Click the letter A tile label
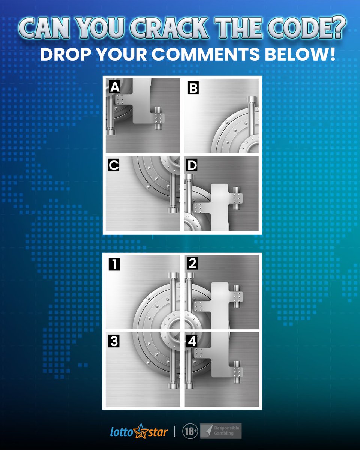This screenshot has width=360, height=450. [x=114, y=86]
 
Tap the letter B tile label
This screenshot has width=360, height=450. [x=193, y=88]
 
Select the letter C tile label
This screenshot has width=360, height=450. [x=114, y=165]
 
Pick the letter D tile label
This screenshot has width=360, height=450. [x=192, y=165]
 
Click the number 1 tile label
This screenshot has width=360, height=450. [x=114, y=264]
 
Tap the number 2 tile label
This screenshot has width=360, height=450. [x=192, y=263]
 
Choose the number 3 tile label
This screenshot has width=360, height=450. [x=114, y=341]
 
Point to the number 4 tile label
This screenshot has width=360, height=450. [x=192, y=341]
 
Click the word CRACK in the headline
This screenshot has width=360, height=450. [x=169, y=28]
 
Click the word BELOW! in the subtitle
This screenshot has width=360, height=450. [x=300, y=54]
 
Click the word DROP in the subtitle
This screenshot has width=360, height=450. [x=66, y=54]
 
